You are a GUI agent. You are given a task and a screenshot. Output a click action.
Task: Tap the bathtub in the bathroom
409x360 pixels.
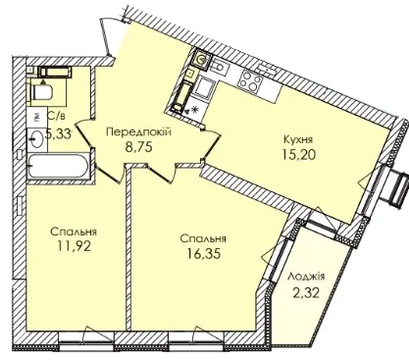tap(59, 167)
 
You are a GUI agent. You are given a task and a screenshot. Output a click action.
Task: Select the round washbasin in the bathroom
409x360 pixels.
tap(35, 138)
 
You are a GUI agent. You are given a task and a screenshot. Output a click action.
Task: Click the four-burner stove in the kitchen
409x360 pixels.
tap(251, 79)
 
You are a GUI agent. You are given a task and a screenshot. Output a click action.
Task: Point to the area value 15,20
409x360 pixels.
tap(299, 154)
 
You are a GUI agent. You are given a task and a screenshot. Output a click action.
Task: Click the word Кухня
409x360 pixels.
tap(298, 140)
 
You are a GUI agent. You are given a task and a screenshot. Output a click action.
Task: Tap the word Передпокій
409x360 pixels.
tap(139, 132)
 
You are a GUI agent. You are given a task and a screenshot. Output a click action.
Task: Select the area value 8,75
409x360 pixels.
tap(139, 146)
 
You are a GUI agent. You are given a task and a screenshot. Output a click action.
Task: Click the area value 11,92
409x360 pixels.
tap(74, 246)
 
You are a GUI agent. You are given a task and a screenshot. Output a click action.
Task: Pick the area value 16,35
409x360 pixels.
tap(203, 253)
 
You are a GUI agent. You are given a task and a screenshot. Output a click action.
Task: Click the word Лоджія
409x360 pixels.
tap(306, 277)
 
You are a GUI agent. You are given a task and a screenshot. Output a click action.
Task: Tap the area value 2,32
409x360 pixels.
tap(306, 292)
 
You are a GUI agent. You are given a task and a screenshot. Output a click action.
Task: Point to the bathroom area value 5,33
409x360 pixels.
tap(58, 134)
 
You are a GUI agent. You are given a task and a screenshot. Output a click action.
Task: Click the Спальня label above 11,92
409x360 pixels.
tap(74, 231)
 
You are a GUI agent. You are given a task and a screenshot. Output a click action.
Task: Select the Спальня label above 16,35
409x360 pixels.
tap(203, 238)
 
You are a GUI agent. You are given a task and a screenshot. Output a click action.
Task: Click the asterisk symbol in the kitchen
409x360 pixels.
tap(195, 110)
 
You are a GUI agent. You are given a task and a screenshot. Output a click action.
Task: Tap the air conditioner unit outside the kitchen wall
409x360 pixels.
tap(397, 188)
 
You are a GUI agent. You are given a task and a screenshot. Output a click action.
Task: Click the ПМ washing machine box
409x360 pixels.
tap(37, 117)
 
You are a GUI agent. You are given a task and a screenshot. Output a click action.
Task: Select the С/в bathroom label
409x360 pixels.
tap(54, 115)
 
